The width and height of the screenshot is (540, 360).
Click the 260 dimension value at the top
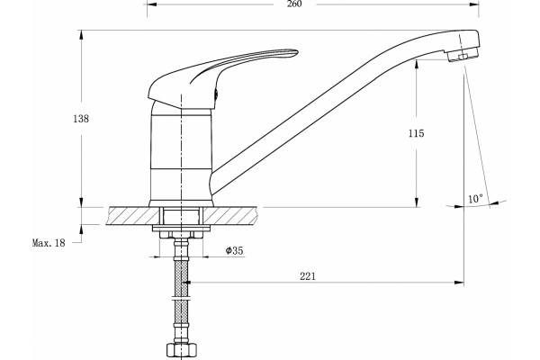pyautogui.click(x=294, y=4)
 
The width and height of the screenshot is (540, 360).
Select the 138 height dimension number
pyautogui.click(x=81, y=119)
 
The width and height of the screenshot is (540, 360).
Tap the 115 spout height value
pyautogui.click(x=417, y=133)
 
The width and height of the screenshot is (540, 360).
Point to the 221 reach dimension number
pyautogui.click(x=308, y=276)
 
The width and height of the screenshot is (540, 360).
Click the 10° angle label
pyautogui.click(x=475, y=199)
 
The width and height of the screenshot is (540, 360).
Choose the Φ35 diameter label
pyautogui.click(x=235, y=250)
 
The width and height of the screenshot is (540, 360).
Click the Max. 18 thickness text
pyautogui.click(x=49, y=243)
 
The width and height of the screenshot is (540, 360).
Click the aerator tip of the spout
pyautogui.click(x=463, y=55)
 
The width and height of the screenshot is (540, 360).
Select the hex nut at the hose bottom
pyautogui.click(x=182, y=350)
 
